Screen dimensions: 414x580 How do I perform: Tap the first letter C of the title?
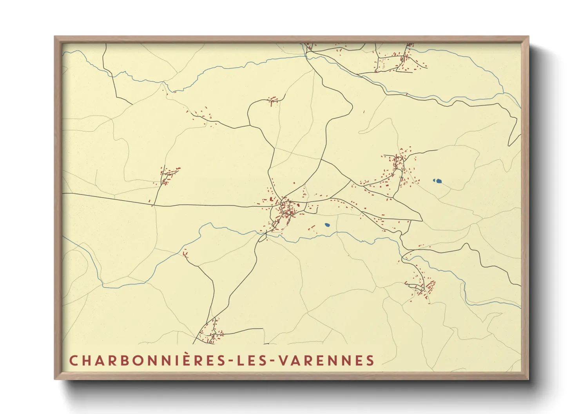coord(73,360)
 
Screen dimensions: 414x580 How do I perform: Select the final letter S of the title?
coord(370,360)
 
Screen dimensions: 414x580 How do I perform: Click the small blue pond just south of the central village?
coord(327,225)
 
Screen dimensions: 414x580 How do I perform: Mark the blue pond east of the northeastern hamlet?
coord(437,181)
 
